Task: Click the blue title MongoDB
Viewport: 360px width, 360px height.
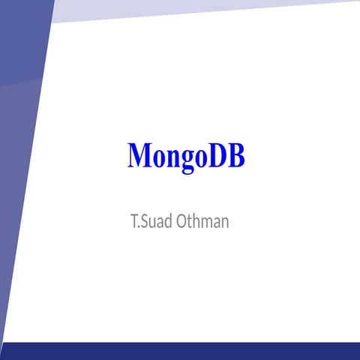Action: tap(186, 156)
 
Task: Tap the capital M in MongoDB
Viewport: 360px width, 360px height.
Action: tap(139, 155)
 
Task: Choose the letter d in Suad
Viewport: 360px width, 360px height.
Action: tap(170, 222)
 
